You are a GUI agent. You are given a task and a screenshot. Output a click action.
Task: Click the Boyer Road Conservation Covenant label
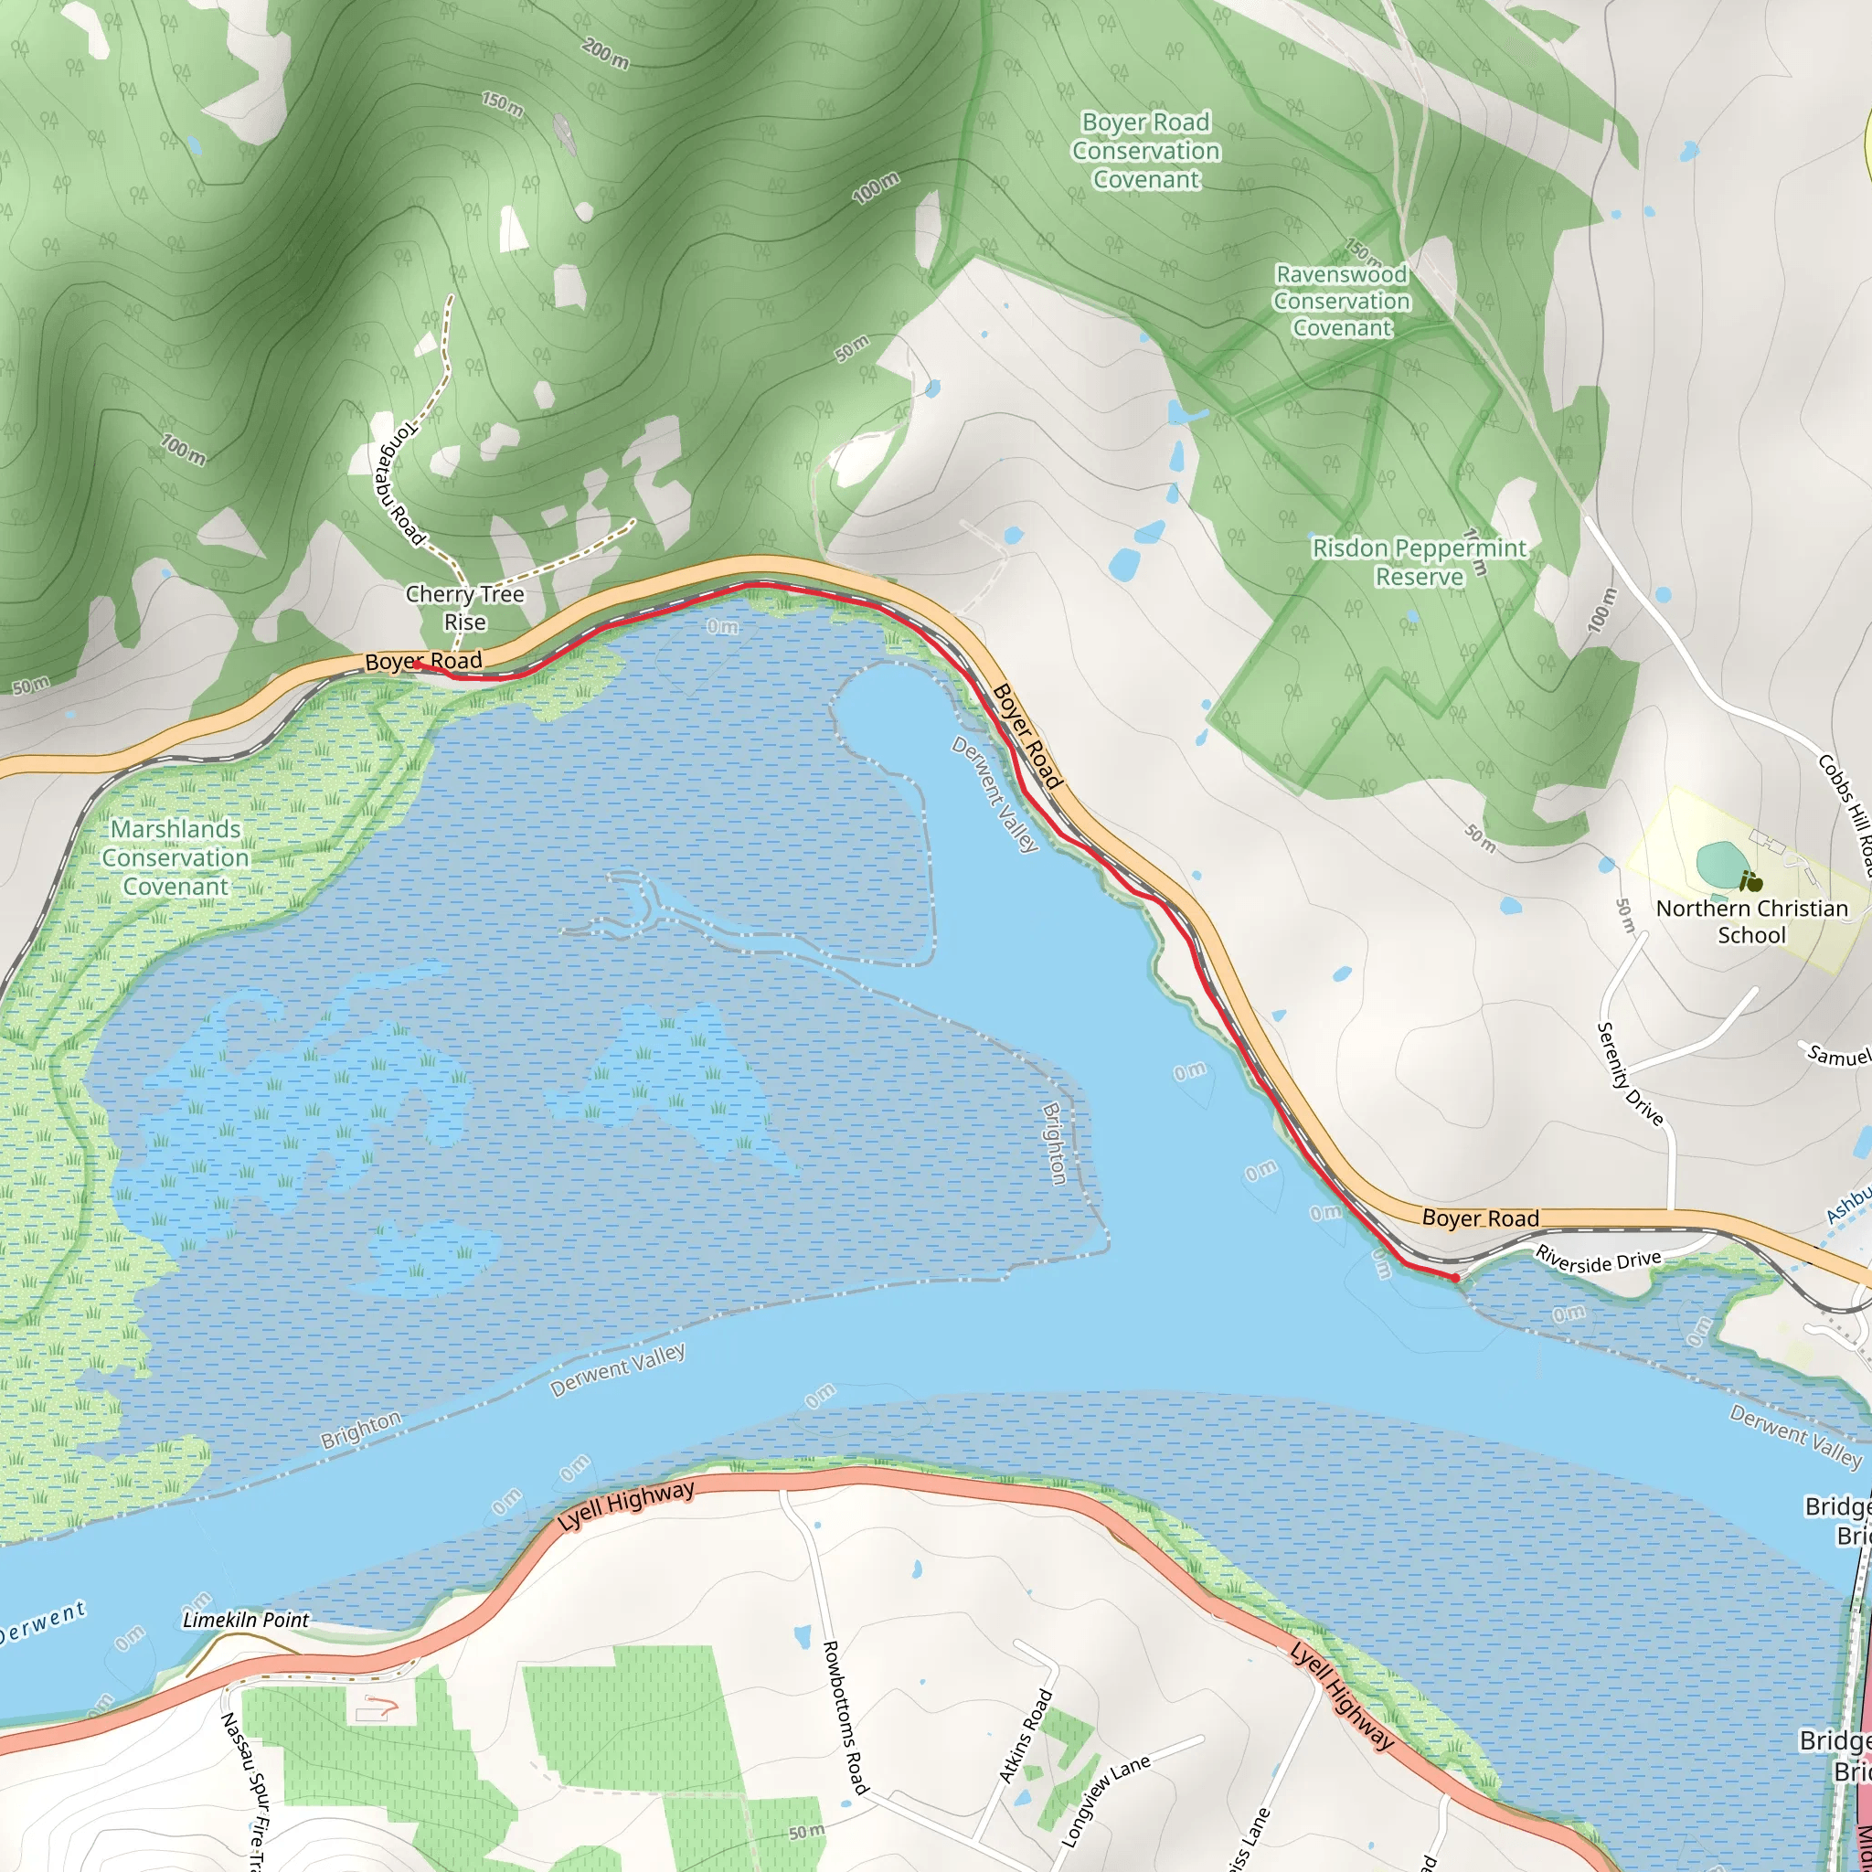[x=1145, y=151]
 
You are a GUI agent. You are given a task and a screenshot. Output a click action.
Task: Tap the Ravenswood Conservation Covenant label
[x=1341, y=302]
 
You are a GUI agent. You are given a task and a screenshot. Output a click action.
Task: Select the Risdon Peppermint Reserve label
[x=1419, y=562]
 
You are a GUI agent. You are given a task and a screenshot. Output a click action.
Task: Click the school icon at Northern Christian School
[x=1750, y=882]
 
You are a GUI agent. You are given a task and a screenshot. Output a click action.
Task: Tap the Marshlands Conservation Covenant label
[x=175, y=857]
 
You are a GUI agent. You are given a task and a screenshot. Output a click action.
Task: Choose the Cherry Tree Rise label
[x=465, y=608]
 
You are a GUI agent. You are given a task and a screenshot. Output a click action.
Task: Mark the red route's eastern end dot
[x=1455, y=1279]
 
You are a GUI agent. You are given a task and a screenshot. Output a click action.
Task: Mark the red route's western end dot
[x=416, y=665]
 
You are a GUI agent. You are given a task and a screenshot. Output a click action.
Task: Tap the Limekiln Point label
[x=246, y=1620]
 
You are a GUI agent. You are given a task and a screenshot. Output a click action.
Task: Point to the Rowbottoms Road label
[x=844, y=1716]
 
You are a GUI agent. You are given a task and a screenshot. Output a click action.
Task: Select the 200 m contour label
[x=606, y=54]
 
